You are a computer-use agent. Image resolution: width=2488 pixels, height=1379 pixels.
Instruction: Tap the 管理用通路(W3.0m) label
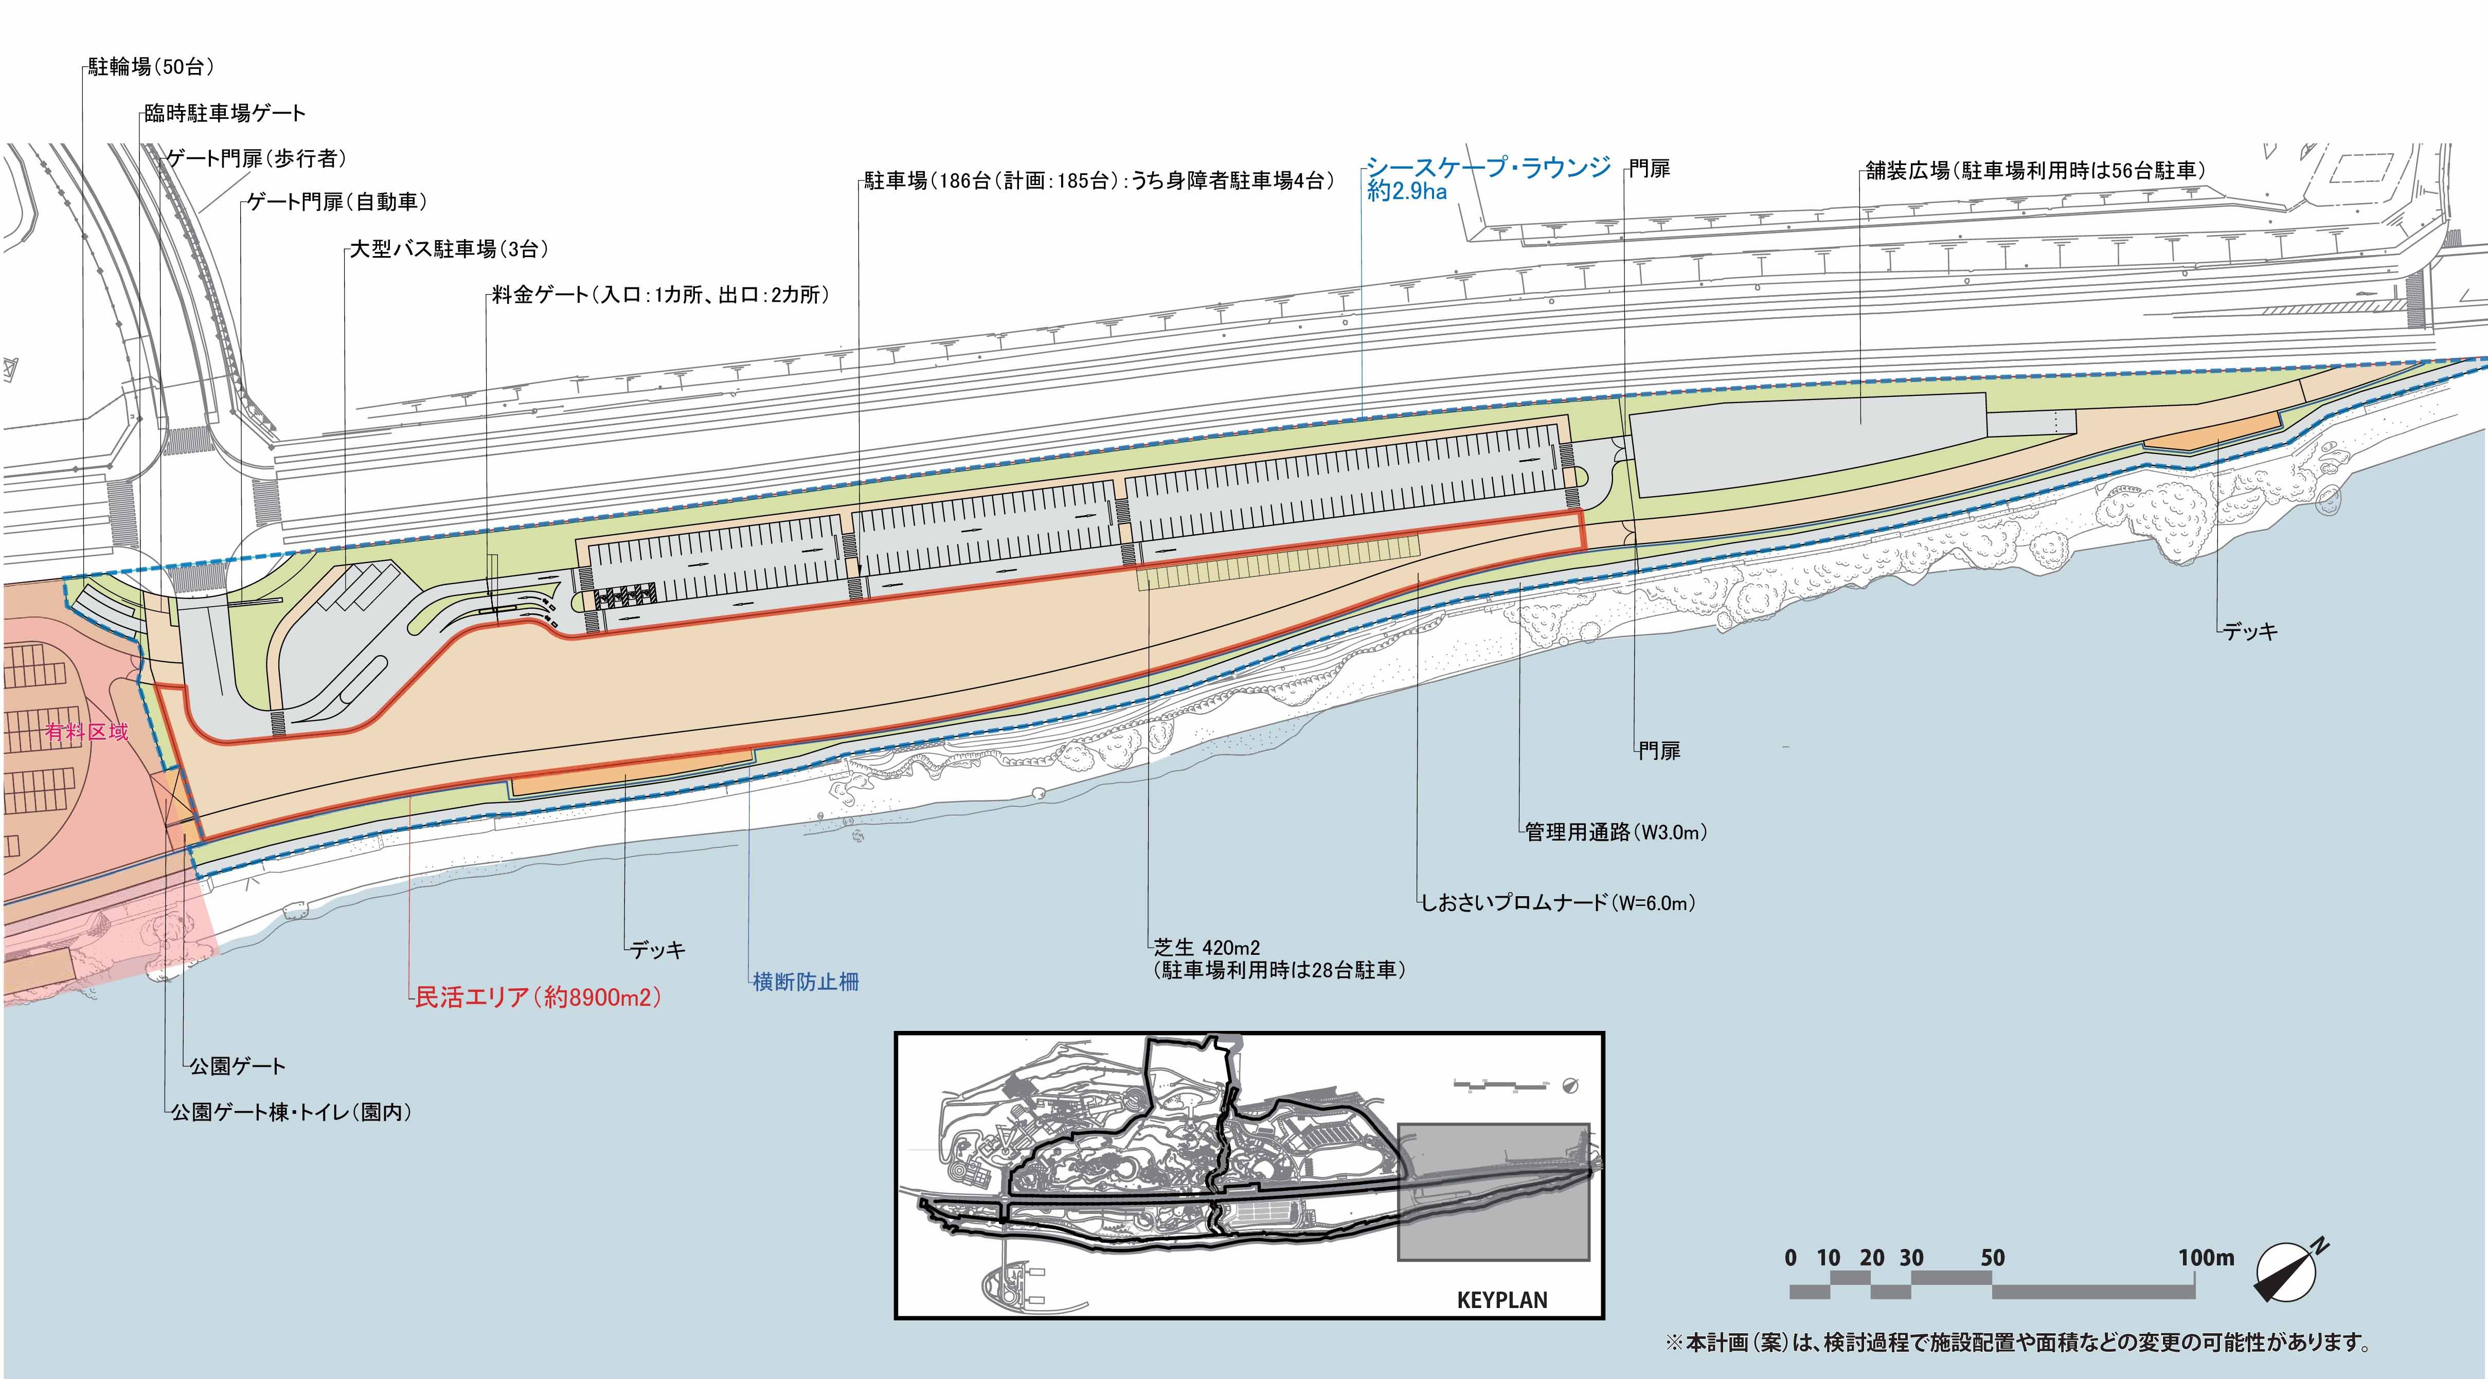[1616, 831]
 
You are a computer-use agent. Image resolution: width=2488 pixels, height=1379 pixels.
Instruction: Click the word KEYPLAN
[1502, 1300]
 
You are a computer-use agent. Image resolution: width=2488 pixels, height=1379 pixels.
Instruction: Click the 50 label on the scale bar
[1993, 1257]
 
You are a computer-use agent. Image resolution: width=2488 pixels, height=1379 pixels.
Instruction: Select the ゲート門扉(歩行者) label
[256, 157]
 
